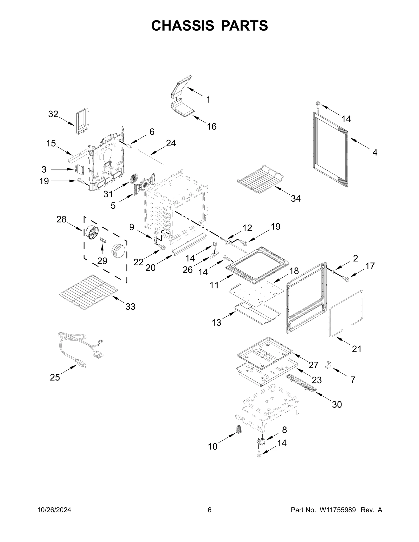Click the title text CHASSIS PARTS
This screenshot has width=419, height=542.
click(210, 26)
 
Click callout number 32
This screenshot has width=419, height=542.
click(53, 114)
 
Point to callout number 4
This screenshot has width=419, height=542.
click(375, 152)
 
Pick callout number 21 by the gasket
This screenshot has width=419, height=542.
click(356, 349)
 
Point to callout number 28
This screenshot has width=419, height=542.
click(61, 219)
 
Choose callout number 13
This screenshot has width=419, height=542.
click(216, 323)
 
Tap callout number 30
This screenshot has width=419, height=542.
click(337, 404)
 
